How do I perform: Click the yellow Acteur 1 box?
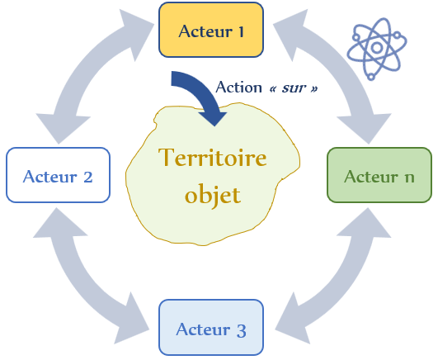(x=211, y=30)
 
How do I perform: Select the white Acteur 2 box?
(x=58, y=175)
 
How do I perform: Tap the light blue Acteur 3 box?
(x=211, y=327)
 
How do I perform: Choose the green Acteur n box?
(x=379, y=175)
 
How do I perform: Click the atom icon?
(x=376, y=49)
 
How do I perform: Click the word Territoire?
(x=212, y=157)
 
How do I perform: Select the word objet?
(x=212, y=194)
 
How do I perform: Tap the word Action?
(x=238, y=87)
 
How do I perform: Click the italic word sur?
(x=293, y=88)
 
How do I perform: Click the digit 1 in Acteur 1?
(x=241, y=31)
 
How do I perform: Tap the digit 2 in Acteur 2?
(x=88, y=177)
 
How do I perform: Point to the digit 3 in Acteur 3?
(x=242, y=330)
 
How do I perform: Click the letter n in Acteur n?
(x=410, y=178)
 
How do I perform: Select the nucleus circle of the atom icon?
(x=377, y=48)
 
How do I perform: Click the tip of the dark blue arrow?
(x=214, y=126)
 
